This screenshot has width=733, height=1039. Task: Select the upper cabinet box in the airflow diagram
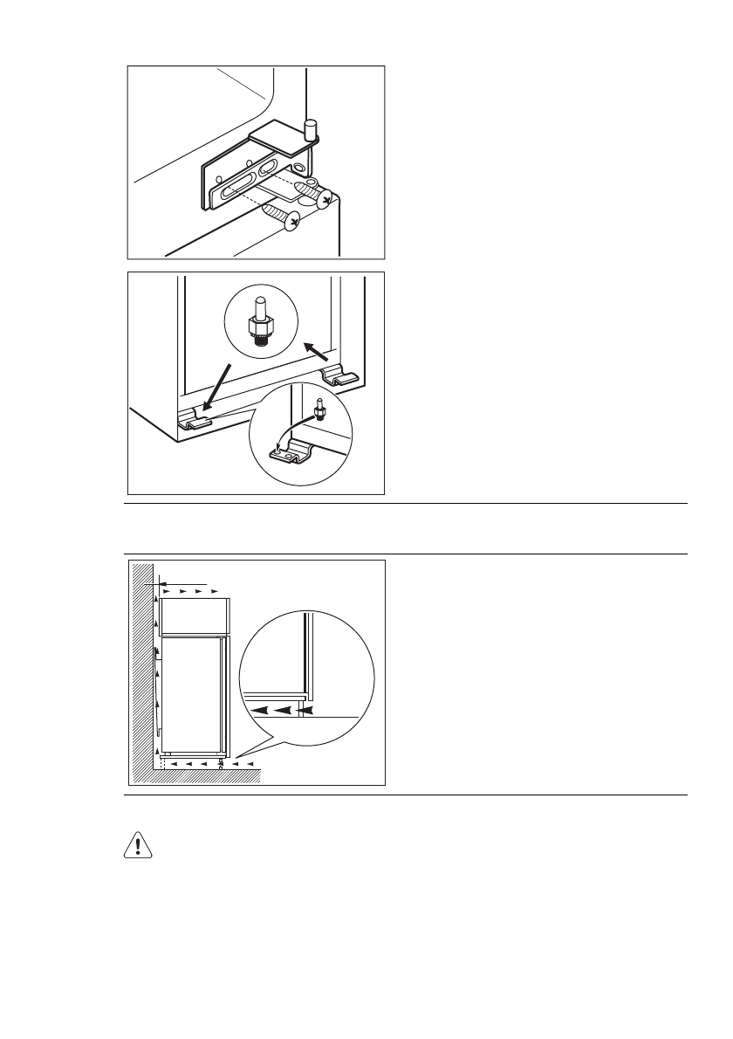[x=193, y=616]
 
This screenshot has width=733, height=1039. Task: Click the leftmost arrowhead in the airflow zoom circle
[x=258, y=712]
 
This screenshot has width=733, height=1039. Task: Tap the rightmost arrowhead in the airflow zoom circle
[x=301, y=712]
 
